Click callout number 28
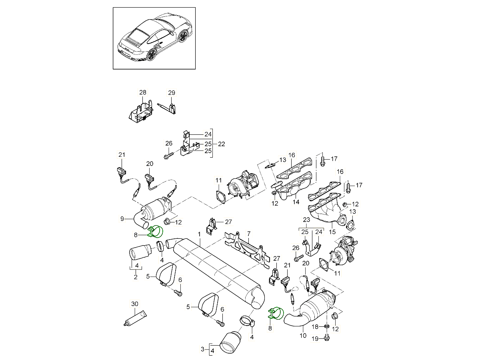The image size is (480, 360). coord(143,93)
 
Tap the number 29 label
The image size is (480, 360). coord(171,93)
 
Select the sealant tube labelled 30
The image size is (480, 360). coord(135,318)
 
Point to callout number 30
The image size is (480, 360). coord(135,304)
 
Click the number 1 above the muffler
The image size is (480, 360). coord(199,234)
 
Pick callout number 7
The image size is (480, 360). coord(248,233)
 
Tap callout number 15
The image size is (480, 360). coord(332,231)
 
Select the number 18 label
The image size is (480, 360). coord(315,327)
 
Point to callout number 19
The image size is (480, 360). coord(315,339)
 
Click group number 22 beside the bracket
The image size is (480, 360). coord(222,144)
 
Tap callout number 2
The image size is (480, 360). coord(136,276)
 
